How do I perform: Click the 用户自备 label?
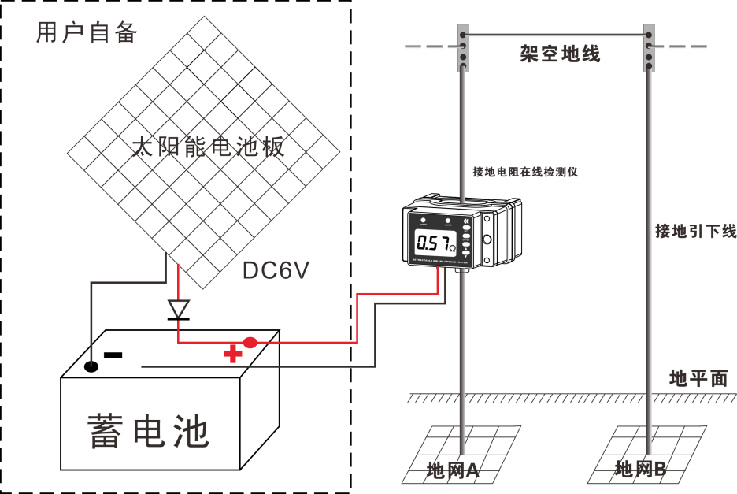[x=87, y=32]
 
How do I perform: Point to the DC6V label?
[x=276, y=270]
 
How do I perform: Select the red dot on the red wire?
[x=250, y=342]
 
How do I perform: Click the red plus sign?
[x=232, y=354]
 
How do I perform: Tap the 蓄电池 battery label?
[x=149, y=431]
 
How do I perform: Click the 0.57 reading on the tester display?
[x=434, y=243]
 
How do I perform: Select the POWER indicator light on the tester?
[x=423, y=221]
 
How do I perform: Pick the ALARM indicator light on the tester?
[x=448, y=221]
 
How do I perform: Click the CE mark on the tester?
[x=467, y=221]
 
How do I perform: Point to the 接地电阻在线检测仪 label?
[x=525, y=172]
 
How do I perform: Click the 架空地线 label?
[x=560, y=54]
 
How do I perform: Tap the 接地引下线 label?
[x=695, y=231]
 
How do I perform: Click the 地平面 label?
[x=698, y=378]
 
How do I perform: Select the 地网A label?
[x=453, y=470]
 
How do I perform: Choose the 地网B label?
[x=640, y=470]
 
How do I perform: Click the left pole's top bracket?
[x=463, y=47]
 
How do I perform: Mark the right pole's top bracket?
[x=649, y=47]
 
